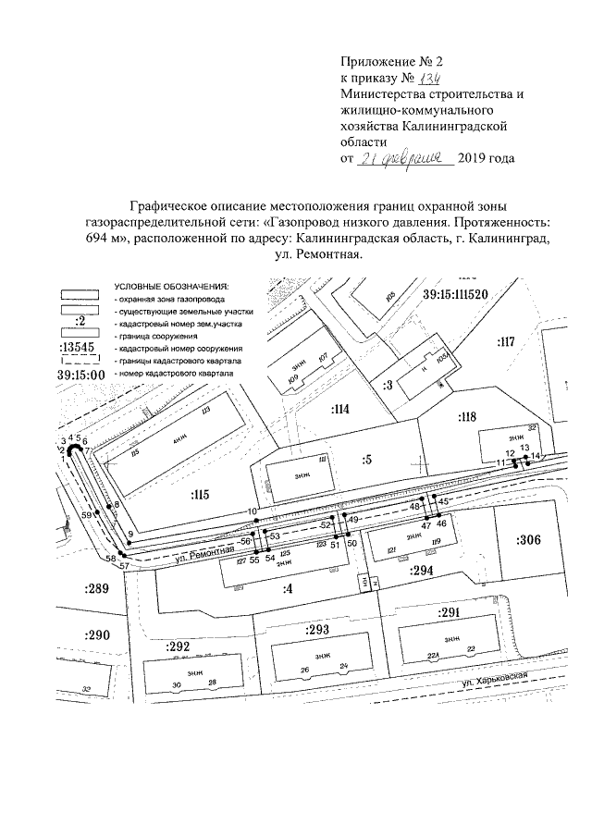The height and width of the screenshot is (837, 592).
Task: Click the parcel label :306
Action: click(x=529, y=540)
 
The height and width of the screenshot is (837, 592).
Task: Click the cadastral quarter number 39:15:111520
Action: click(x=454, y=294)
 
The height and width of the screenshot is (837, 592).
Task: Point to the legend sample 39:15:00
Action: click(x=80, y=376)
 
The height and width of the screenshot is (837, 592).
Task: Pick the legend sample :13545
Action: click(x=80, y=347)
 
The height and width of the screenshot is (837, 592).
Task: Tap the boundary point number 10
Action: click(x=251, y=511)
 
